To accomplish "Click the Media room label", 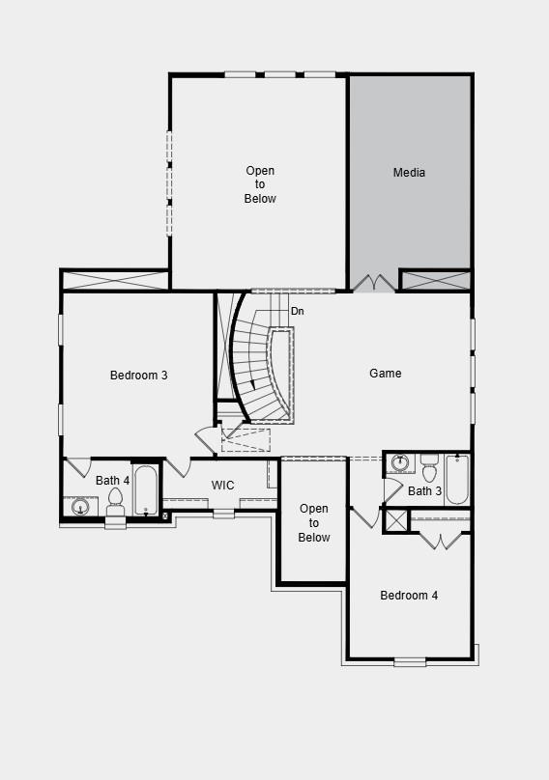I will pyautogui.click(x=409, y=173).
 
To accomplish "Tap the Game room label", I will pyautogui.click(x=386, y=374).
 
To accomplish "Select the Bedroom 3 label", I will pyautogui.click(x=138, y=376).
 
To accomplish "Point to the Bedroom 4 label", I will pyautogui.click(x=409, y=596).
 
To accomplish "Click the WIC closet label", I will pyautogui.click(x=223, y=485).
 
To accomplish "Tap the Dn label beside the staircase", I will pyautogui.click(x=298, y=311).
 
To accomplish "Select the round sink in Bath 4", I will pyautogui.click(x=81, y=506).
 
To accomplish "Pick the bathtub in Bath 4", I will pyautogui.click(x=146, y=491).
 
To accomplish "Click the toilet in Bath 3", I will pyautogui.click(x=429, y=468).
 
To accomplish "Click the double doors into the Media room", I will pyautogui.click(x=373, y=283).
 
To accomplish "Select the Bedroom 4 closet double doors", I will pyautogui.click(x=441, y=539).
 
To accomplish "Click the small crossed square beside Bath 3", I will pyautogui.click(x=396, y=520).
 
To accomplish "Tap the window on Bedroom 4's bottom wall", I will pyautogui.click(x=410, y=661).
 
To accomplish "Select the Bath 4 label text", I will pyautogui.click(x=112, y=481).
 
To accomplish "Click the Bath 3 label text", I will pyautogui.click(x=424, y=492).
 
